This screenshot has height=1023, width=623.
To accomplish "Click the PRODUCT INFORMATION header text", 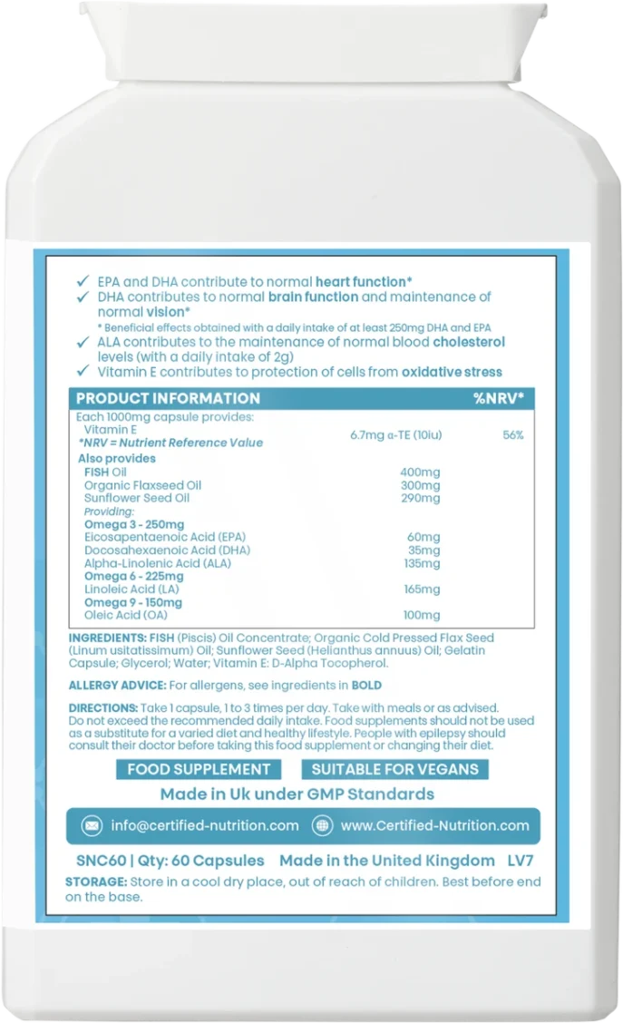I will tap(168, 398).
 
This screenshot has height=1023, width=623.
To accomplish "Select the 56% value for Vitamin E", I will tap(512, 435).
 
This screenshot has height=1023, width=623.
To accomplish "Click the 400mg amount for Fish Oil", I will tap(420, 473).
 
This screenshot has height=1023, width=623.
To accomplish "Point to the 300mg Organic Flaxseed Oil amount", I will tap(420, 485).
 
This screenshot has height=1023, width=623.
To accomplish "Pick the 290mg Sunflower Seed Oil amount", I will tap(420, 498).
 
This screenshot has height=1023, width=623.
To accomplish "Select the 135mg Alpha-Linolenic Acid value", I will tap(422, 563).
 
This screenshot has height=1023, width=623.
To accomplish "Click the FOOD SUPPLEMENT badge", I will tap(199, 769).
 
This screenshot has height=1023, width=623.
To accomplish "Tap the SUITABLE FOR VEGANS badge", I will tap(394, 769).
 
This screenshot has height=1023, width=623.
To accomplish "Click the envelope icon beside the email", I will tap(92, 825).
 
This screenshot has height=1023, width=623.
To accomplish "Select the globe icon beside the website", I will tap(321, 825).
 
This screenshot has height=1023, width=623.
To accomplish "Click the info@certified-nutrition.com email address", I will tap(204, 825).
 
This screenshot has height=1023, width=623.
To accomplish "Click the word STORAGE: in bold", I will tap(96, 882).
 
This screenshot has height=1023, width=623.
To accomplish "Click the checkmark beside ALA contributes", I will tap(82, 342).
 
